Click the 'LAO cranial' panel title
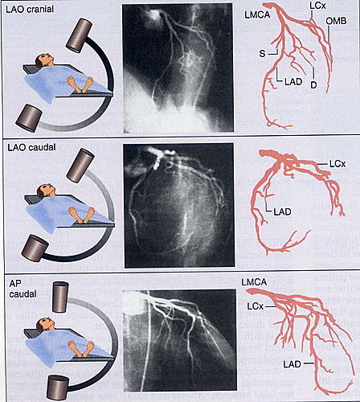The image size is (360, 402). click(30, 9)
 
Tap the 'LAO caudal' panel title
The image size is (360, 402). click(31, 147)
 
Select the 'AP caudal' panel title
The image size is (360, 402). click(22, 289)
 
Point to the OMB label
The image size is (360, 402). click(336, 21)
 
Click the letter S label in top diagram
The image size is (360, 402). click(262, 54)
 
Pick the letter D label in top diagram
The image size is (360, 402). click(313, 84)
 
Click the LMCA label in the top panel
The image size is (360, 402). click(257, 14)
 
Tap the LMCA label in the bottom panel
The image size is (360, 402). click(254, 282)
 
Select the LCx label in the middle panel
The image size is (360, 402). click(337, 164)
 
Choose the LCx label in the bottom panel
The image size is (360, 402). click(256, 306)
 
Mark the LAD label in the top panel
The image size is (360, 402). click(293, 81)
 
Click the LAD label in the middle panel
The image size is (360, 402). click(282, 211)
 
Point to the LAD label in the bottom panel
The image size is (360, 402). click(292, 364)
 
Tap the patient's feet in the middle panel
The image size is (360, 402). click(82, 214)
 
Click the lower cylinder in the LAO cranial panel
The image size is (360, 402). click(29, 118)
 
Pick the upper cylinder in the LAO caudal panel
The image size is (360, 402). click(80, 164)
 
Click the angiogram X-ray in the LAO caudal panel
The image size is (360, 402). click(179, 205)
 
